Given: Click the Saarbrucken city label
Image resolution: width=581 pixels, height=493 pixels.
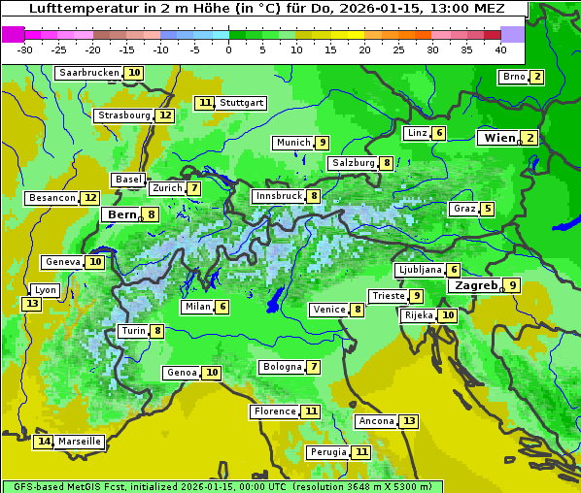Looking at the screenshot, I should point(88,73).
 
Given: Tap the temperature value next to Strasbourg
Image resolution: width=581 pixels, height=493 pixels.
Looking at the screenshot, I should point(165,115).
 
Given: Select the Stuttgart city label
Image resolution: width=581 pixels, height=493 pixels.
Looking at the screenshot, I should point(241,103).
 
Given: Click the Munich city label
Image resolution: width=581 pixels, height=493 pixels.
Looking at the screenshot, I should point(292,143).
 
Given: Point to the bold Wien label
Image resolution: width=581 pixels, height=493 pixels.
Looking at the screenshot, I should point(500,138).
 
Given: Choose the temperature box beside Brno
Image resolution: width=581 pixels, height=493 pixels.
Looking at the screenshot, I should point(537,77).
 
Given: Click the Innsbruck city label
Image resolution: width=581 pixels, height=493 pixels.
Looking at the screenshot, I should point(278,196).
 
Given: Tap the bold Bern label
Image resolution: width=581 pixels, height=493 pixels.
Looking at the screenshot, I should point(121,214).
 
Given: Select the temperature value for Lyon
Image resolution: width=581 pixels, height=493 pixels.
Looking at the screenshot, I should point(32,304).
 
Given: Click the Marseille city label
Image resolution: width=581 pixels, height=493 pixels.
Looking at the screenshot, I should point(80,442).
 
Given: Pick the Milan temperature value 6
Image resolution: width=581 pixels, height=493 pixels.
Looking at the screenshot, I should point(222,307).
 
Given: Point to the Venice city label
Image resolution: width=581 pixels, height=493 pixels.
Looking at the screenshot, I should point(328,310).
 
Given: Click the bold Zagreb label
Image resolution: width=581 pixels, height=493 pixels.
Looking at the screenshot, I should point(475,285).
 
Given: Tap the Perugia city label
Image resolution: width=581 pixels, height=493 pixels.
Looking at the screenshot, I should point(327,452).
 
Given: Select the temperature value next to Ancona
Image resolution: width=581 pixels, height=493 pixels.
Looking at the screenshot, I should point(409,421).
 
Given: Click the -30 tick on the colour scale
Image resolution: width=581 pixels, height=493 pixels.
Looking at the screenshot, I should point(25,49).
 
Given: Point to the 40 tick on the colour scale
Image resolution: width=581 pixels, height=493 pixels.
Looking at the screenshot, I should point(500,49).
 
